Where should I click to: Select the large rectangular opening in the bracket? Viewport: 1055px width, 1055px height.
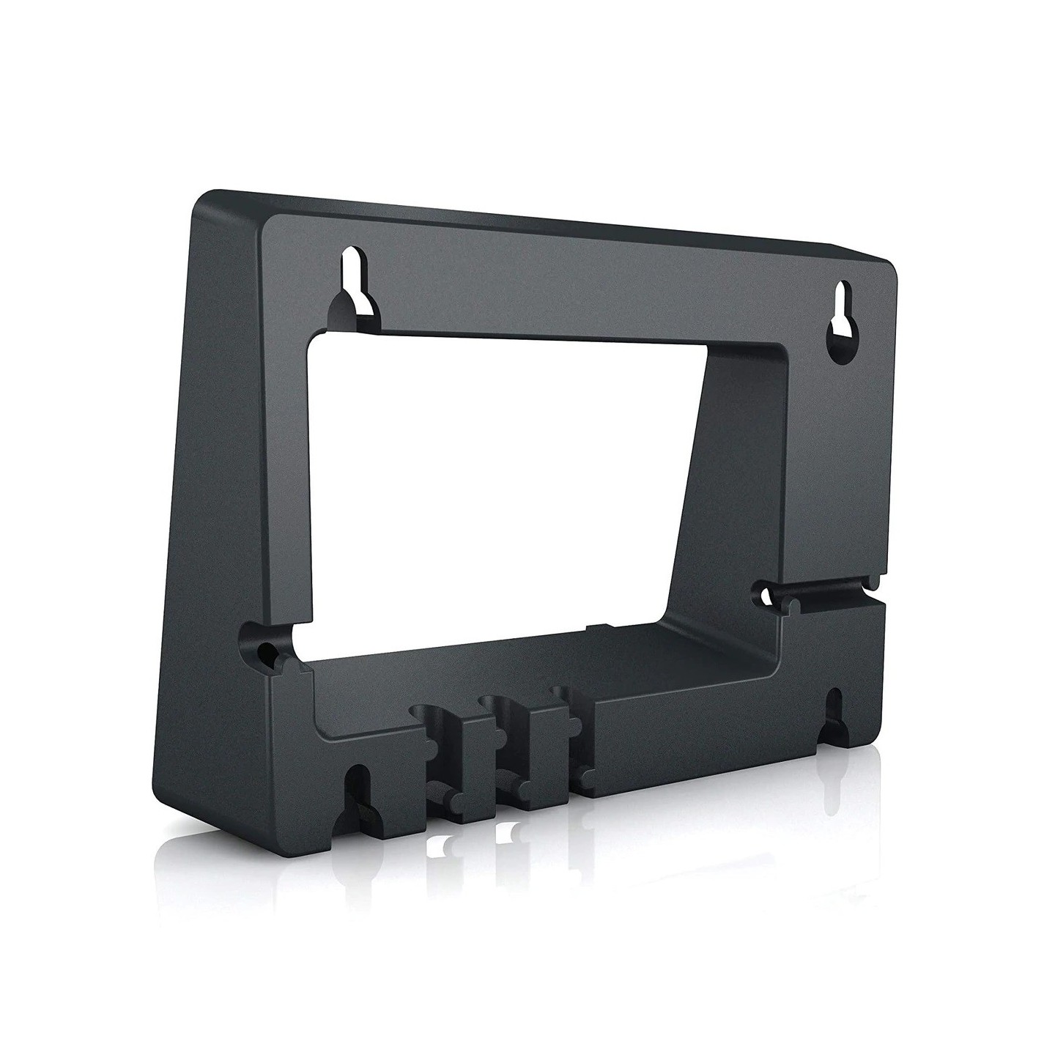[x=498, y=476]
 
